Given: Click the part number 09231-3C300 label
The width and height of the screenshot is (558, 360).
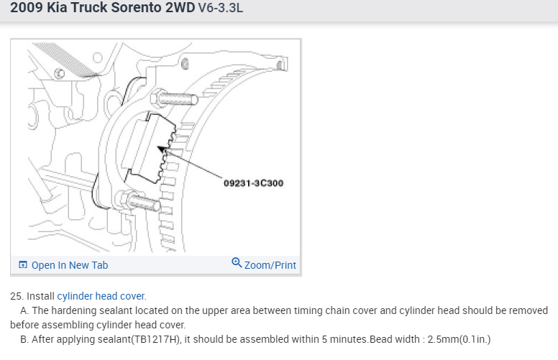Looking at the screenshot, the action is [x=253, y=183].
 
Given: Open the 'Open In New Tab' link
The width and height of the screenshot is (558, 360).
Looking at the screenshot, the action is [x=70, y=265].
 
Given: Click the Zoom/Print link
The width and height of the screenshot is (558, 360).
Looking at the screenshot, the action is [x=270, y=265].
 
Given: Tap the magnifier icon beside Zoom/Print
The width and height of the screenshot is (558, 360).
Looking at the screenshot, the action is [x=237, y=264].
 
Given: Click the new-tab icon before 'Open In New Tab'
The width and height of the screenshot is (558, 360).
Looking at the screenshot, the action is [x=23, y=265].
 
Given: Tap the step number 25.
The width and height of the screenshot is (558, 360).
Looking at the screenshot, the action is [x=16, y=296].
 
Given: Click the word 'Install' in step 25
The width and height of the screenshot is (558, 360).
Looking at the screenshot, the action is [x=40, y=296].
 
